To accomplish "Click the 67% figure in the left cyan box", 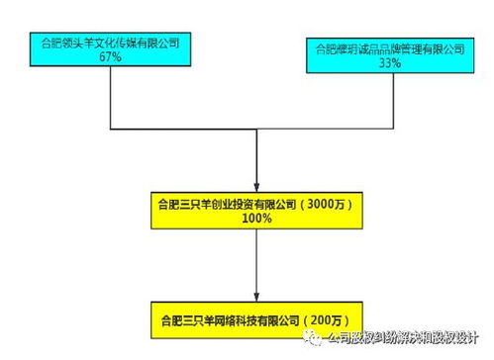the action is [x=110, y=58].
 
